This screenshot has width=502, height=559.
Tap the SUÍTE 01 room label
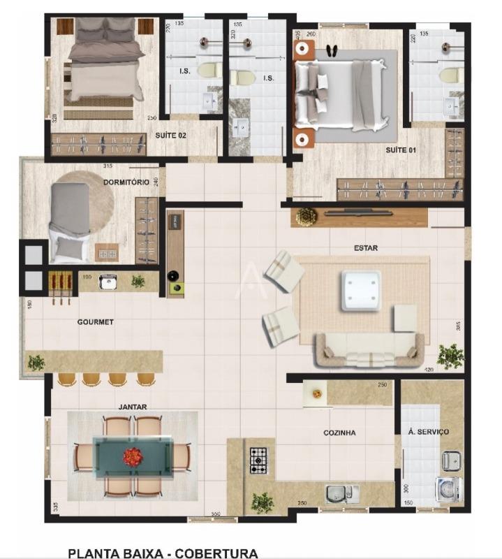401,150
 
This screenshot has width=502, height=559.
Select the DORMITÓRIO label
126,182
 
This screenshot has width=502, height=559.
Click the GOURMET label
96,322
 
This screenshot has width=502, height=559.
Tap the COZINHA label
339,433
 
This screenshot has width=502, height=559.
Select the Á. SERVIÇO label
429,432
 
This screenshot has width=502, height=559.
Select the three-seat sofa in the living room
369,349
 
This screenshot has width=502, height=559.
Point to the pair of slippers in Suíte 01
332,50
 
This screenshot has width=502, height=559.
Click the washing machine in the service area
447,489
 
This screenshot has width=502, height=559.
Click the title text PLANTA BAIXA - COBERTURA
163,553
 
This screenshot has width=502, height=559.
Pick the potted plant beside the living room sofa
450,355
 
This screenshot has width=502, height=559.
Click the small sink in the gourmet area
108,282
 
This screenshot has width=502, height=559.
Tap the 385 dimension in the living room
459,326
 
